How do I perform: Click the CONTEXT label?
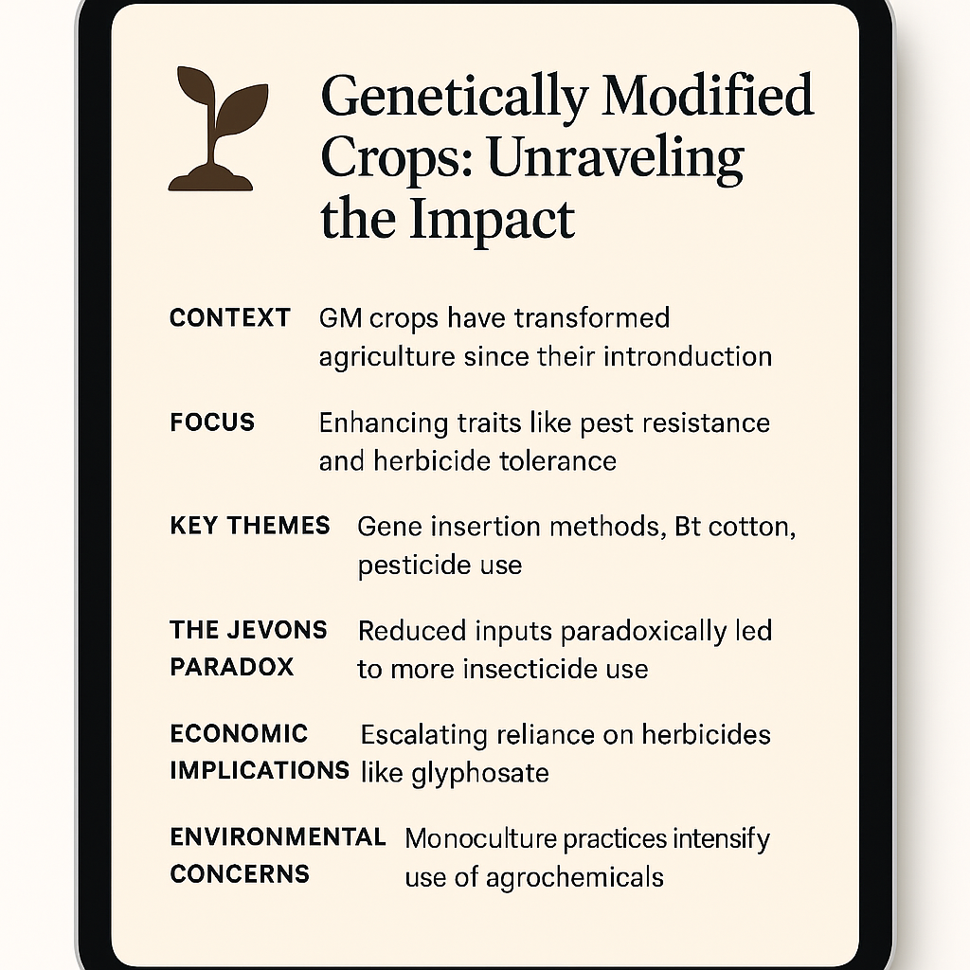pyautogui.click(x=230, y=318)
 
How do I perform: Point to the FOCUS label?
pyautogui.click(x=212, y=422)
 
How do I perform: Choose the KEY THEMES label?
pyautogui.click(x=250, y=526)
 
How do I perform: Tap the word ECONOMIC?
pyautogui.click(x=239, y=734)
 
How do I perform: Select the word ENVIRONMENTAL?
pyautogui.click(x=278, y=837)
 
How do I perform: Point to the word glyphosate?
pyautogui.click(x=480, y=773)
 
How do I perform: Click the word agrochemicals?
pyautogui.click(x=575, y=878)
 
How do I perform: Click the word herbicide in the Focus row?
pyautogui.click(x=431, y=461)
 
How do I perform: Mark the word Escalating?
pyautogui.click(x=424, y=735)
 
